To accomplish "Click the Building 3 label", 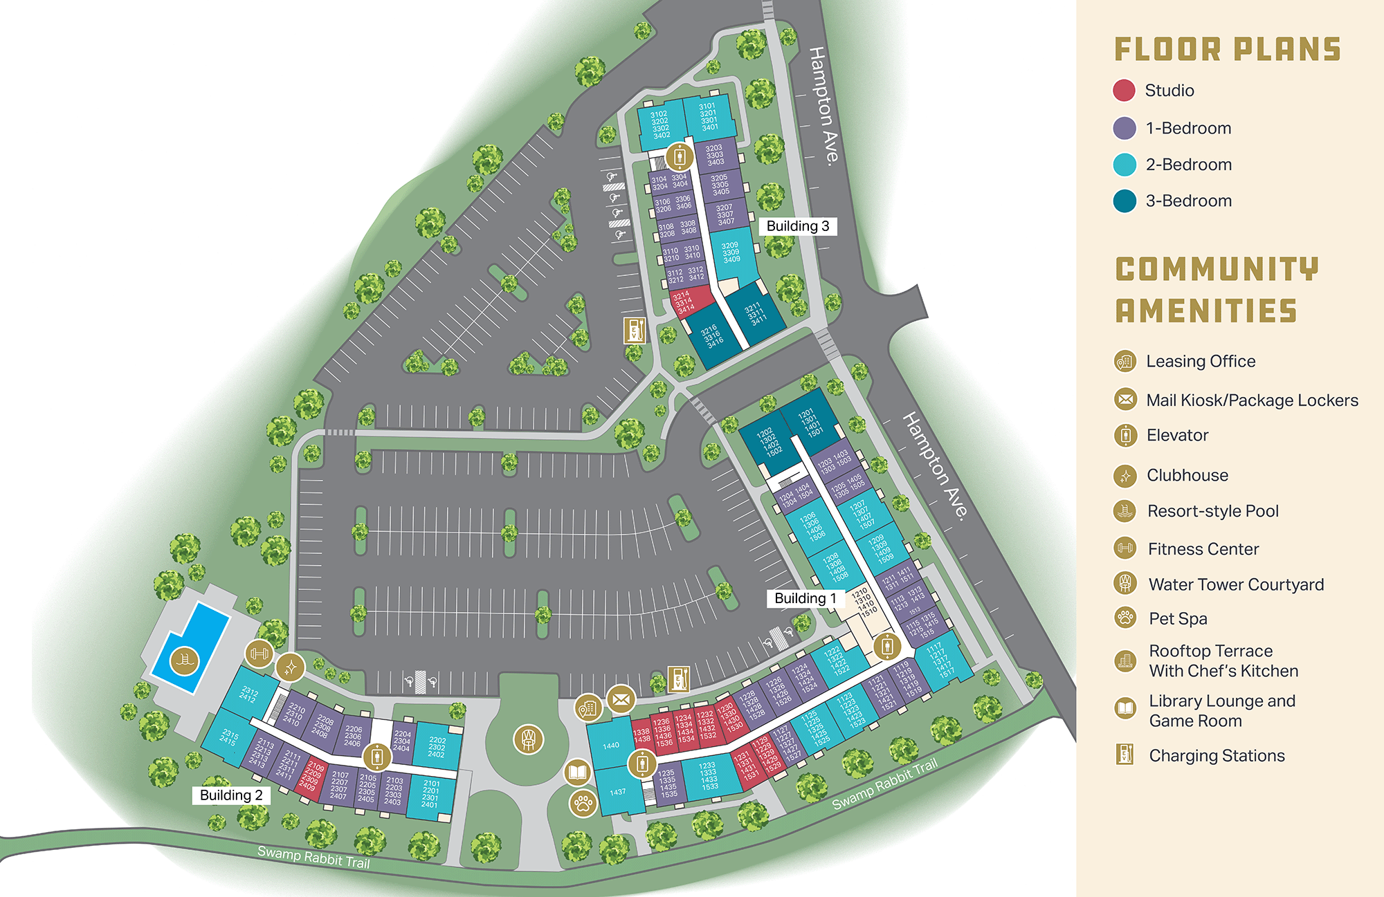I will coord(797,226).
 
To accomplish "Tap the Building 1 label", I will coord(805,598).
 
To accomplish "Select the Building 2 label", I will coord(231,795).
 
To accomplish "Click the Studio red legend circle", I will coord(1124,91).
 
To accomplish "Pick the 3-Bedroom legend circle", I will coord(1124,201).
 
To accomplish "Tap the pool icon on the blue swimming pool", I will coord(184,660).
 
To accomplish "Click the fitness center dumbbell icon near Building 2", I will coord(259,653).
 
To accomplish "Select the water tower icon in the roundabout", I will coord(528,739).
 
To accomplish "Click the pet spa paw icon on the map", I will coord(583,804).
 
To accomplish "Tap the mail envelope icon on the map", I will coord(621,699).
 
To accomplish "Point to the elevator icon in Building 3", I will coord(680,157).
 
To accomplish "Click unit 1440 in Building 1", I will coord(610,746).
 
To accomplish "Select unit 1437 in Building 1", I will coord(617,792).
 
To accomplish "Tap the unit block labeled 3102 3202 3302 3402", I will coord(660,125).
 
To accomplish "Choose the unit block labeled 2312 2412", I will coord(249,694).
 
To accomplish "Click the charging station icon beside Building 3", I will coord(635,331).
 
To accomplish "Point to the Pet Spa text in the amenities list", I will coord(1178,619).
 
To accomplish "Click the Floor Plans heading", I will coord(1228,50).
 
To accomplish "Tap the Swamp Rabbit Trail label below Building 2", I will coord(313,857).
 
